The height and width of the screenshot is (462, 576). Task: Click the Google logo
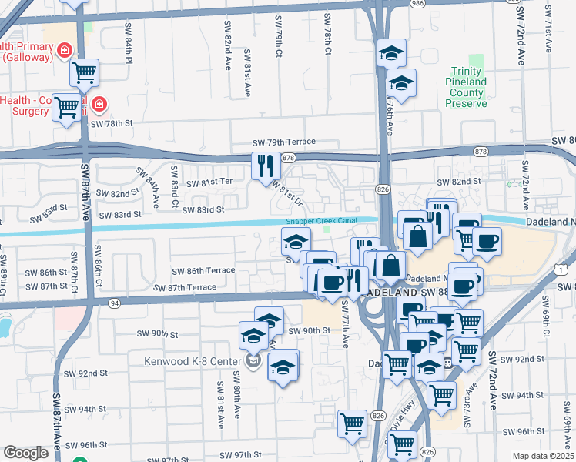click(25, 453)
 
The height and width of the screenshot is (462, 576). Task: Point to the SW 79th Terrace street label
click(285, 142)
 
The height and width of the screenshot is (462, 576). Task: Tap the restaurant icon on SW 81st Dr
click(263, 164)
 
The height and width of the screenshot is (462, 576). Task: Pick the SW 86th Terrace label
click(203, 272)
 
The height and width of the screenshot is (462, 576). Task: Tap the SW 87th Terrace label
click(185, 287)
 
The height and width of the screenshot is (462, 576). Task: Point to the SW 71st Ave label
click(548, 31)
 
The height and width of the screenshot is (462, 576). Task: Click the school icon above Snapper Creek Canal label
click(296, 240)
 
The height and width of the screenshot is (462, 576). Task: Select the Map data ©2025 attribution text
click(542, 456)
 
